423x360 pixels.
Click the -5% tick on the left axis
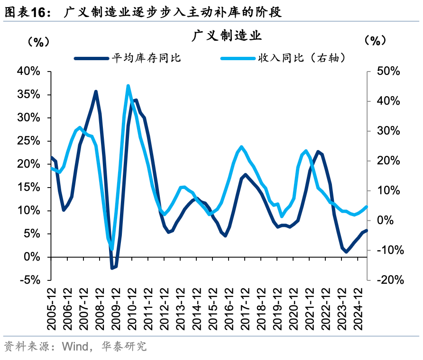tap(30, 280)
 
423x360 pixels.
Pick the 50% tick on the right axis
tap(388, 72)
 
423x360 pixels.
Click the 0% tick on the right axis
tap(392, 220)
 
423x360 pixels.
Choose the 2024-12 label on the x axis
tap(359, 308)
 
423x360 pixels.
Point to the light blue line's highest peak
tap(128, 86)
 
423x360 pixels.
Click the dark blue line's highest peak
tap(96, 91)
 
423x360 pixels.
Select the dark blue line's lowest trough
tap(112, 268)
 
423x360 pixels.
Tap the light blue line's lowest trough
tap(112, 248)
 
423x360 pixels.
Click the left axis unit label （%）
tap(36, 41)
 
